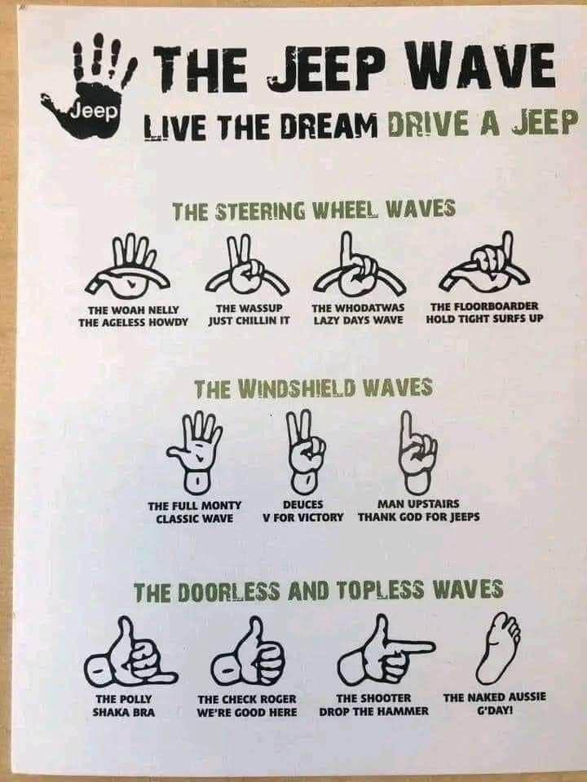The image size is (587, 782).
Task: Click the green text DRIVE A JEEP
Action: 482,124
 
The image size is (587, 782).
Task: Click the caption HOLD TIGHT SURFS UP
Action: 484,319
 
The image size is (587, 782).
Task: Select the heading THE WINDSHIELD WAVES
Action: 312,389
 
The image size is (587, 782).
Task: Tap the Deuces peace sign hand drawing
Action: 304,450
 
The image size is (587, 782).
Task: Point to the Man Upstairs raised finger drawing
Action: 417,450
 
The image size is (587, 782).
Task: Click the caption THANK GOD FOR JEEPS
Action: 418,517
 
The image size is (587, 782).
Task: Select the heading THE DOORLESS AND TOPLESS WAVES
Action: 319,590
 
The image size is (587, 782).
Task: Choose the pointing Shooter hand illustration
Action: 383,652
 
